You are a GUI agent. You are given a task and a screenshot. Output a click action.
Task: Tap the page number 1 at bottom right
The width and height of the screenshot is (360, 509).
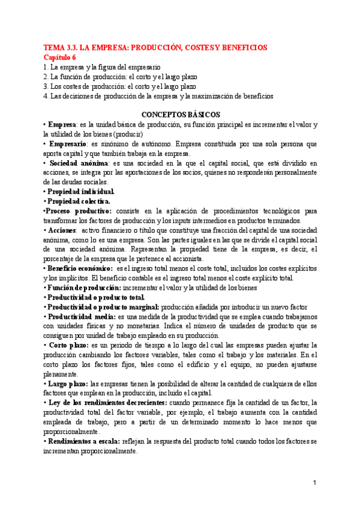[x=314, y=483]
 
